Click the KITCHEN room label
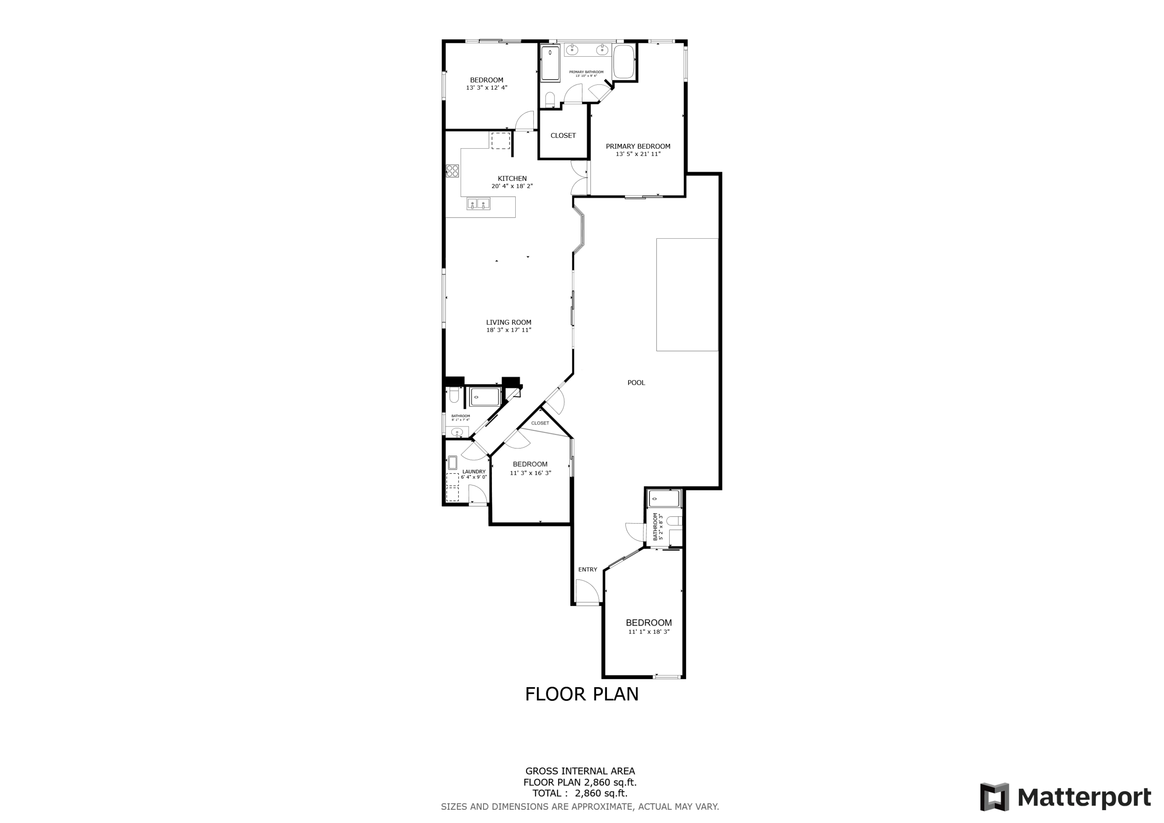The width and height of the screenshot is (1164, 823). coord(512,178)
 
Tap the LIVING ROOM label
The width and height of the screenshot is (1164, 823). coord(509,322)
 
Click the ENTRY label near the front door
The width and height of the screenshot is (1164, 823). coord(587,570)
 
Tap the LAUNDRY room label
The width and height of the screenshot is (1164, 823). coord(473,471)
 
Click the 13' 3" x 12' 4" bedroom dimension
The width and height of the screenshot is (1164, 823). coord(486,88)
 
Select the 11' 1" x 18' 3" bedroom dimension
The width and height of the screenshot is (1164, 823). coord(648,632)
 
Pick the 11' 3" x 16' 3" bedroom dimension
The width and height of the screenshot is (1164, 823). coord(530,473)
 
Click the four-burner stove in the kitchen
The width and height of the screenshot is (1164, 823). coord(452,171)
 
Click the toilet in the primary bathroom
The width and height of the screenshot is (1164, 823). coord(549,99)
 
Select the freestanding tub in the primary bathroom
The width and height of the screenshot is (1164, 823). coord(624,62)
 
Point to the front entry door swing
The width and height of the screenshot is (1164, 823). coord(587,591)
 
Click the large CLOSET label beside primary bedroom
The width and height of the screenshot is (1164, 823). coord(563,135)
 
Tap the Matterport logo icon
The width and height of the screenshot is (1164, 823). coord(995,797)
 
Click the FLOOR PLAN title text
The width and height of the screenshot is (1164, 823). coord(582,694)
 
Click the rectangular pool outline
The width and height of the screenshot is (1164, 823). coord(687,295)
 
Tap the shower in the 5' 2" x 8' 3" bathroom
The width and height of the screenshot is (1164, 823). coord(663,499)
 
